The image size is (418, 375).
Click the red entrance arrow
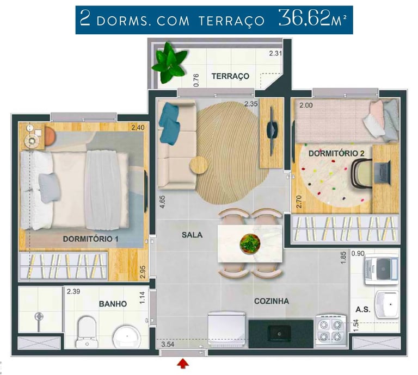pyautogui.click(x=183, y=364)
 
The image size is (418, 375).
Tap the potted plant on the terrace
pyautogui.click(x=169, y=63)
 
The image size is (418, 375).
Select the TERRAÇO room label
pyautogui.click(x=230, y=77)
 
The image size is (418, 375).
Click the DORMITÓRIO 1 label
pyautogui.click(x=90, y=239)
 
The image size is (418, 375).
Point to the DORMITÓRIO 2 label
pyautogui.click(x=336, y=153)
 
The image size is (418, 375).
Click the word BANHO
pyautogui.click(x=113, y=304)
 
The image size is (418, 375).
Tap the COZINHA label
pyautogui.click(x=272, y=301)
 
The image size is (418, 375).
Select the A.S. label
pyautogui.click(x=363, y=310)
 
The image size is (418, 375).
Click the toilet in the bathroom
pyautogui.click(x=87, y=332)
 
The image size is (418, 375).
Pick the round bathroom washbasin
pyautogui.click(x=127, y=336)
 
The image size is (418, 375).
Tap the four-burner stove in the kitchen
pyautogui.click(x=330, y=331)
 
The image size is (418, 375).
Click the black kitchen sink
pyautogui.click(x=279, y=334)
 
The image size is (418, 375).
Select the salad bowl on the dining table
pyautogui.click(x=250, y=243)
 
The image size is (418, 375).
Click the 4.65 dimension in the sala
pyautogui.click(x=162, y=202)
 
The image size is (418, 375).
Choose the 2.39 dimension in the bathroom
pyautogui.click(x=73, y=291)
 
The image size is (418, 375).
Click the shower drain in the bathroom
pyautogui.click(x=39, y=316)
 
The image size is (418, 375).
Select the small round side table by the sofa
pyautogui.click(x=199, y=165)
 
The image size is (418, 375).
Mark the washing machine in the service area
pyautogui.click(x=381, y=269)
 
